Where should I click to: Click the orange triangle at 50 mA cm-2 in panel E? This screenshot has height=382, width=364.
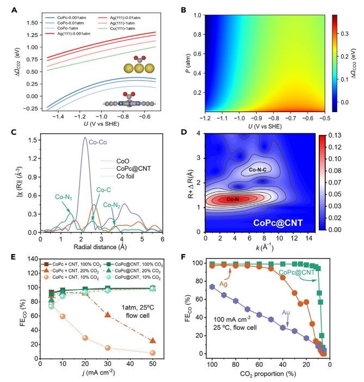(153, 341)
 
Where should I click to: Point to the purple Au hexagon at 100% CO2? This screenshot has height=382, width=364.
(212, 286)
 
